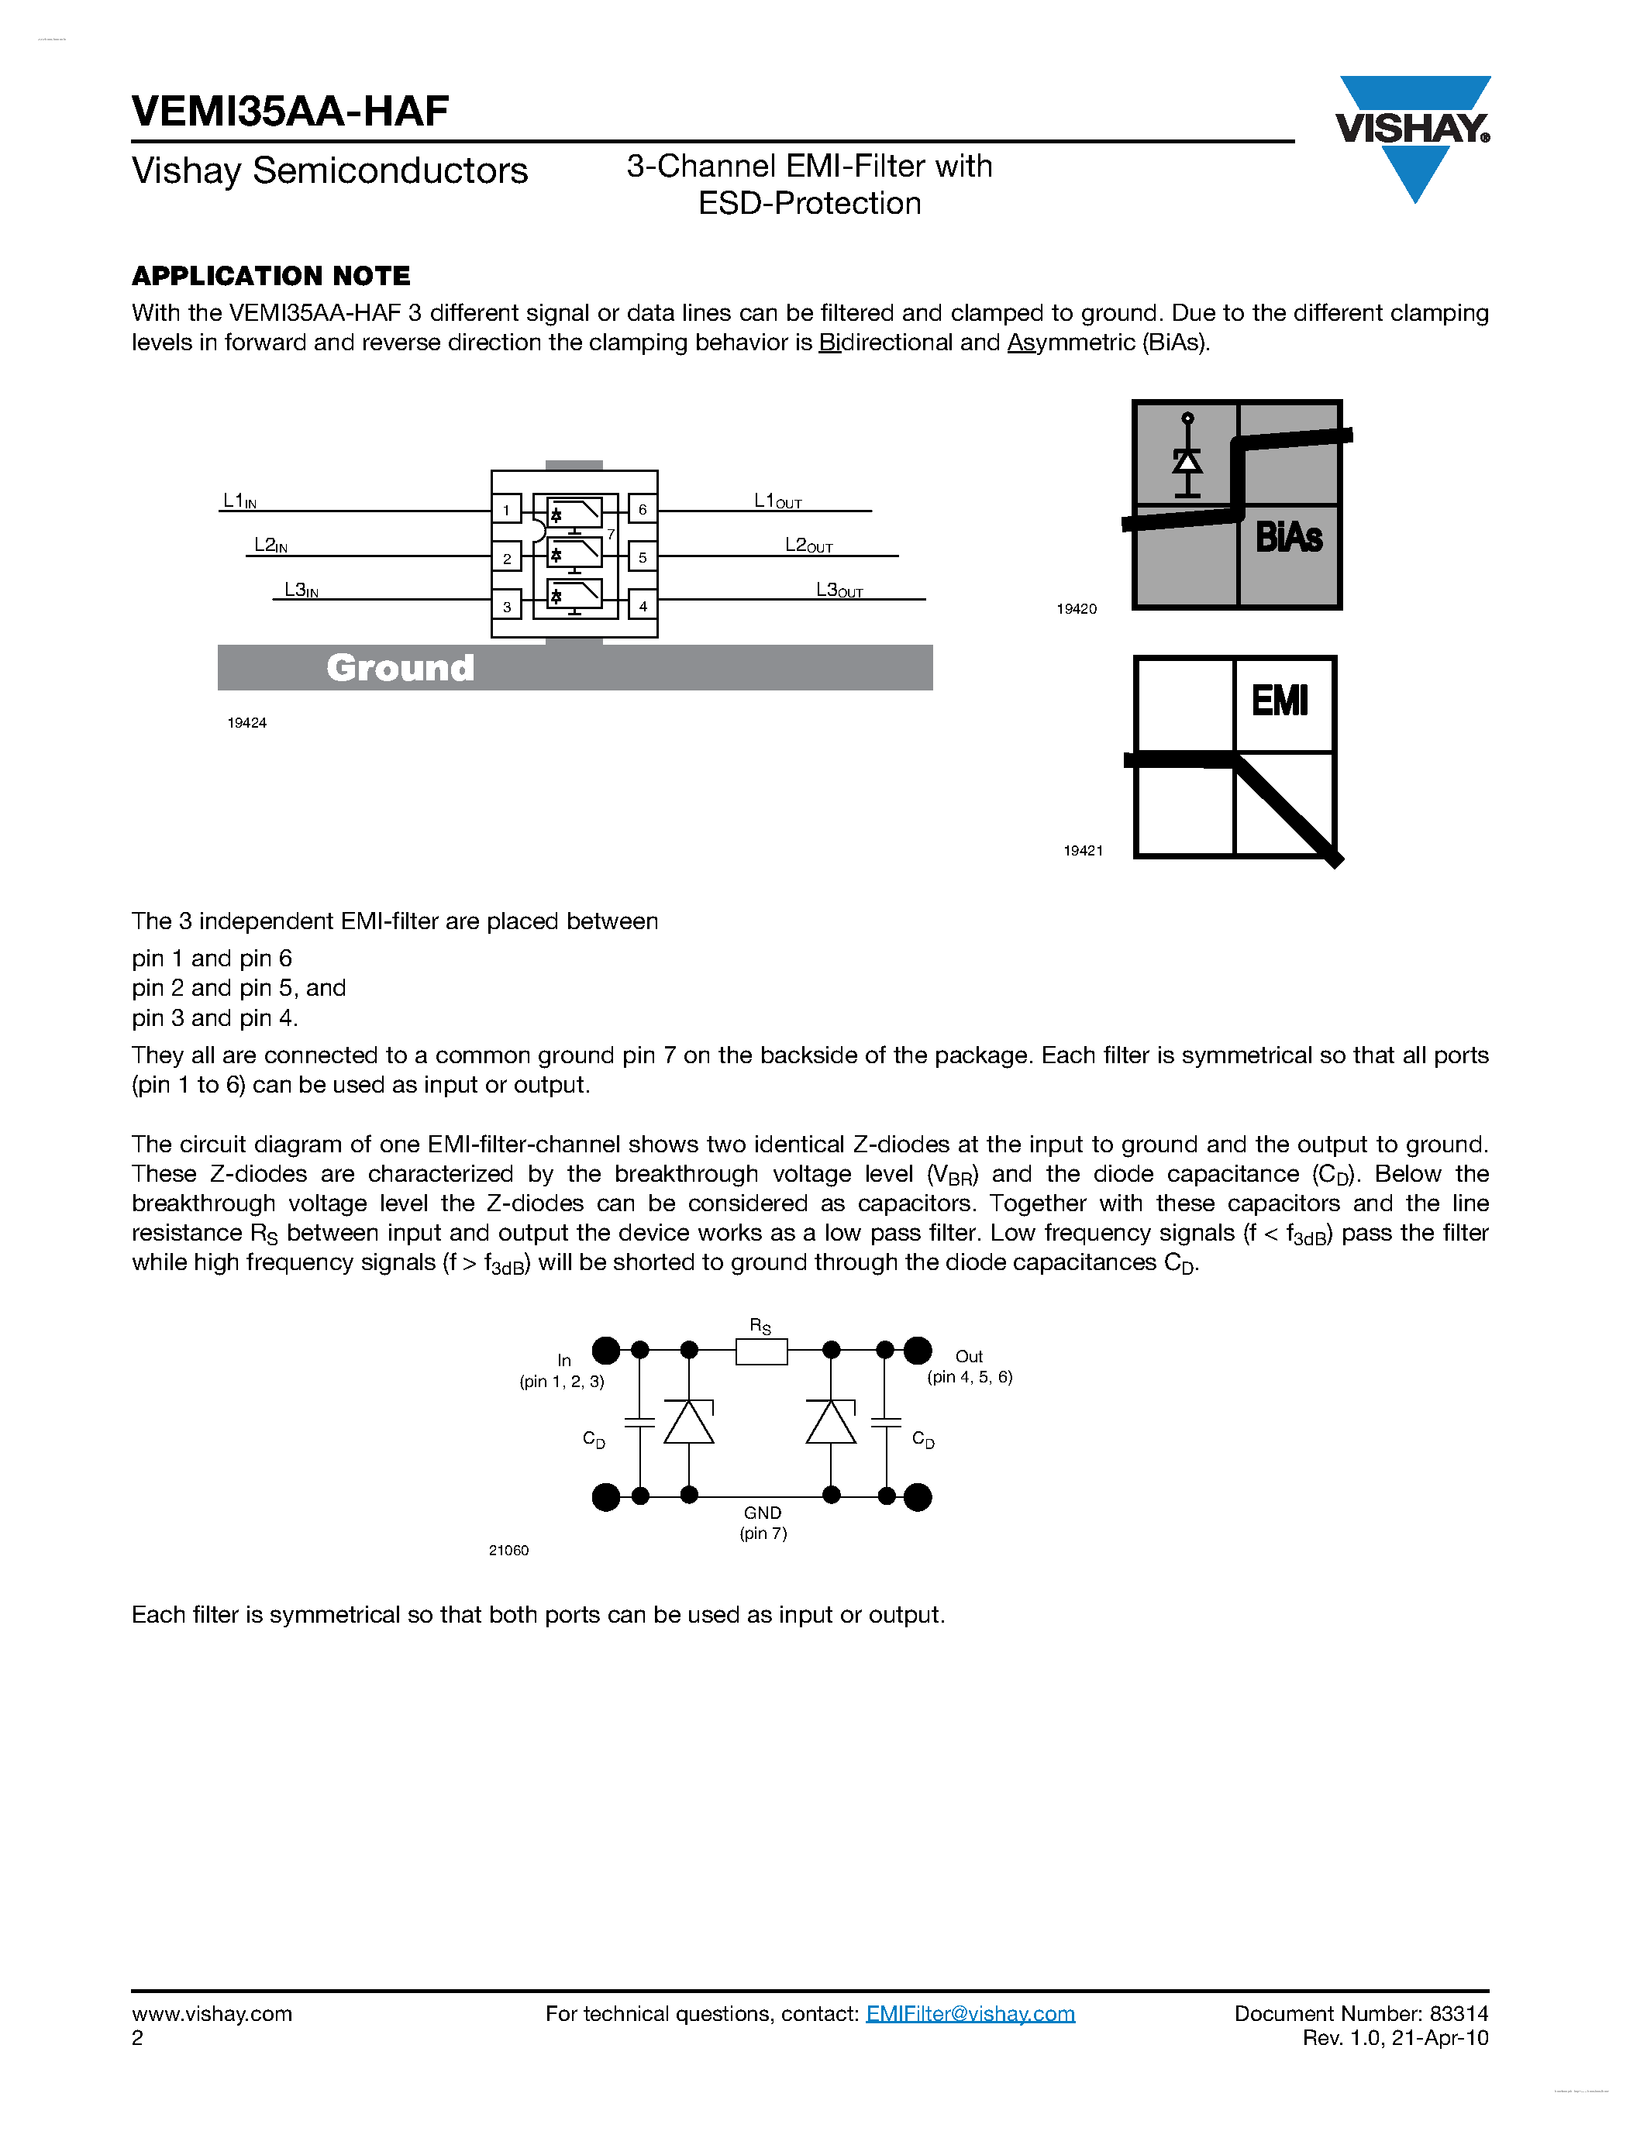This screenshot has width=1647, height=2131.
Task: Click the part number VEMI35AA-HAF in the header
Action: (x=290, y=112)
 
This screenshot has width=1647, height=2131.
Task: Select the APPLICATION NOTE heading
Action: (x=270, y=276)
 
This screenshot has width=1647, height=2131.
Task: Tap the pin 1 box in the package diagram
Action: (x=506, y=509)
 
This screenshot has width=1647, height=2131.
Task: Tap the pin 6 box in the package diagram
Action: (x=642, y=509)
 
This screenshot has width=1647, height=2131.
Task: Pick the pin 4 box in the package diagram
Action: (x=642, y=606)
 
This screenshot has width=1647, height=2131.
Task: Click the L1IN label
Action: (x=239, y=501)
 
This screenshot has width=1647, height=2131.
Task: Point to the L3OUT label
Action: (x=839, y=590)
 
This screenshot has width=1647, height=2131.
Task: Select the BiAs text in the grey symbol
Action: (x=1288, y=538)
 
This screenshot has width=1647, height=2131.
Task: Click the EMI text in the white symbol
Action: (x=1279, y=701)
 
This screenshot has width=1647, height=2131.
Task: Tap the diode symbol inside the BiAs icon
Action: (x=1187, y=459)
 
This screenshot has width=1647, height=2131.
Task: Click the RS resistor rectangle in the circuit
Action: (x=761, y=1351)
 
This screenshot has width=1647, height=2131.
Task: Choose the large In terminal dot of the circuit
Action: (x=606, y=1351)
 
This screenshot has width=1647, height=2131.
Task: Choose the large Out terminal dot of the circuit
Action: (x=917, y=1351)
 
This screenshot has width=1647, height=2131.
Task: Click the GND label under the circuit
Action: (x=762, y=1513)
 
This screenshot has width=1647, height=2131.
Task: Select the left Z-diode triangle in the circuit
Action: (x=689, y=1423)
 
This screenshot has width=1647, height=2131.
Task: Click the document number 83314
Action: (x=1459, y=2014)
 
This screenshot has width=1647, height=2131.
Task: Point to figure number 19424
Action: (x=246, y=723)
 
